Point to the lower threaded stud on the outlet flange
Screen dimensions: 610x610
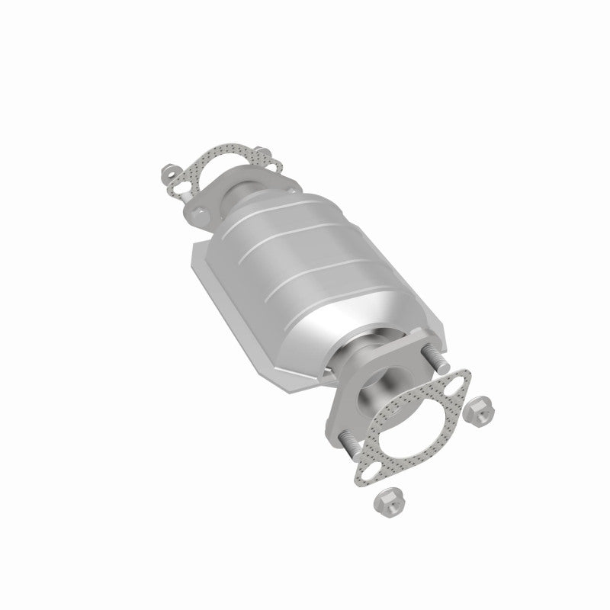coord(350,442)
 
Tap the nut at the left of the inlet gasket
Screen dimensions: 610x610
coord(169,172)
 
